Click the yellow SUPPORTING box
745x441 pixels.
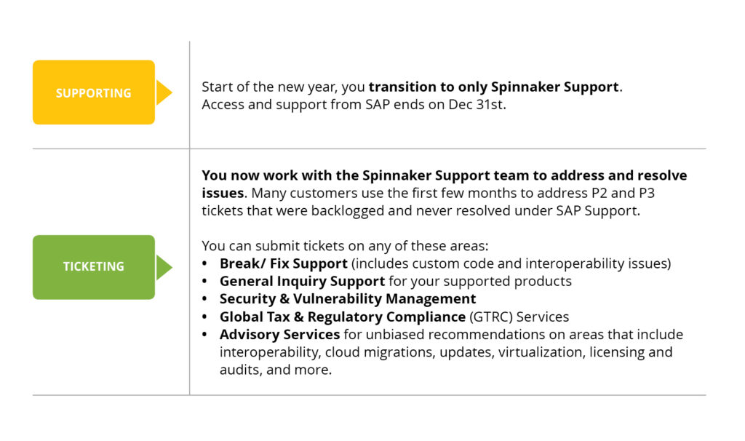[x=94, y=92]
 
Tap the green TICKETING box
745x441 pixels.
[x=94, y=267]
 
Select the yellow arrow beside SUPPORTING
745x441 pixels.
[x=164, y=92]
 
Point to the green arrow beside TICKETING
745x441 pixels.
[x=164, y=267]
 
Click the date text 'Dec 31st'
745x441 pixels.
[x=476, y=105]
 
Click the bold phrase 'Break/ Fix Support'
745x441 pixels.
[x=284, y=263]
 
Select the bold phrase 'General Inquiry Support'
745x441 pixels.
[x=302, y=282]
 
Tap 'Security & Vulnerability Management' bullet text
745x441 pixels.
[x=348, y=299]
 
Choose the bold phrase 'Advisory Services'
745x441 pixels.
[x=280, y=335]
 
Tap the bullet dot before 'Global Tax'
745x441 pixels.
[x=204, y=317]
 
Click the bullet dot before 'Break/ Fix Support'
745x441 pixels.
[x=204, y=263]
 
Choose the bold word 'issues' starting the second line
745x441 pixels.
[x=223, y=193]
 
